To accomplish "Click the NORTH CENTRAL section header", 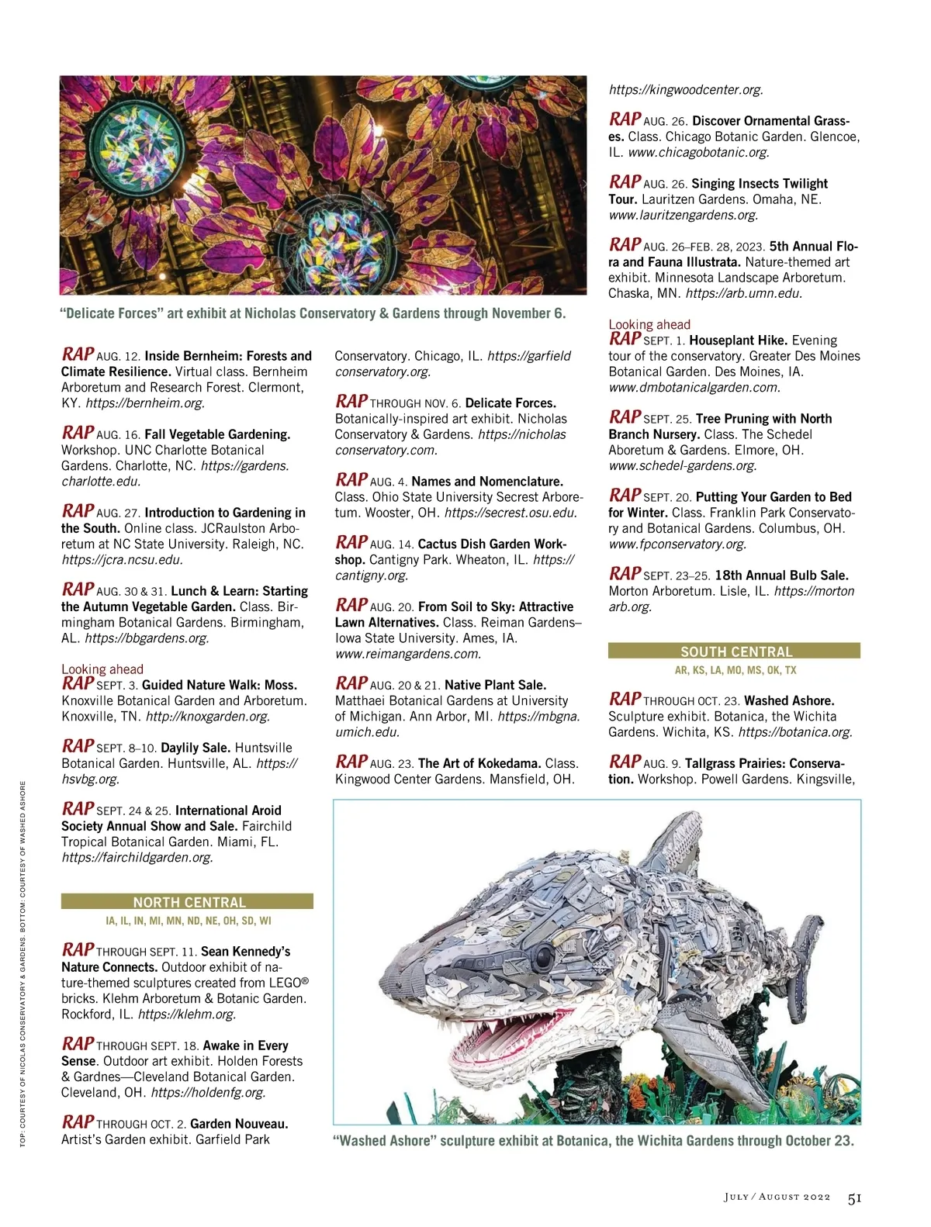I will pos(189,902).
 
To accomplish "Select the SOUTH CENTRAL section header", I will pos(735,652).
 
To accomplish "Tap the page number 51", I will pos(854,1198).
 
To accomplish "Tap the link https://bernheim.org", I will pos(145,403).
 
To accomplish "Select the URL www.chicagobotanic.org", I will pos(698,153).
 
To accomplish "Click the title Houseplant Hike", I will pos(738,340).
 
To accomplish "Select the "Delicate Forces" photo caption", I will pos(313,314).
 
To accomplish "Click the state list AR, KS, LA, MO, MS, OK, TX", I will pos(735,670).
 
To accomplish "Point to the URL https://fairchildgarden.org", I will pos(137,858).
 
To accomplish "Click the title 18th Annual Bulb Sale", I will pos(781,575).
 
